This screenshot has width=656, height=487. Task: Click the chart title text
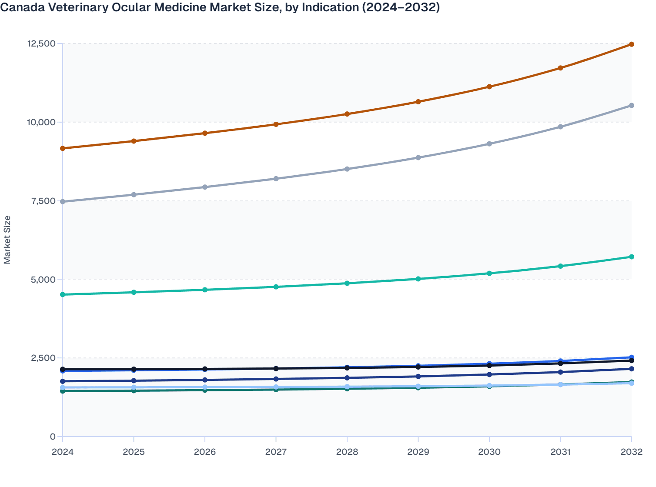[x=220, y=7]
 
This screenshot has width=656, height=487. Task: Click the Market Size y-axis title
[x=7, y=240]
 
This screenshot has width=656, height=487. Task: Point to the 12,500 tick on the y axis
[x=41, y=43]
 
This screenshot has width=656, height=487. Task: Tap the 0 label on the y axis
[x=53, y=437]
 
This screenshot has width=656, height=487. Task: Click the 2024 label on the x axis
[x=63, y=452]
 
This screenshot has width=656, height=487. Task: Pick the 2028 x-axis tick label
[x=347, y=452]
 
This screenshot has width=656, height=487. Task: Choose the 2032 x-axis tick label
[x=631, y=452]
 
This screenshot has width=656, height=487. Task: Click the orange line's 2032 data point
[x=632, y=44]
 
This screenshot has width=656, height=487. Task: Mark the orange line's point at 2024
[x=63, y=148]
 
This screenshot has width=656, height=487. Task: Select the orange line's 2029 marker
[x=418, y=102]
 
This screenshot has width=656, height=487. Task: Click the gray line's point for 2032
[x=632, y=106]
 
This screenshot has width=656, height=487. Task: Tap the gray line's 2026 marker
[x=205, y=187]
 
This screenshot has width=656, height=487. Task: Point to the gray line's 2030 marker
[x=489, y=144]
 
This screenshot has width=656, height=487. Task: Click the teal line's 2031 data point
[x=560, y=266]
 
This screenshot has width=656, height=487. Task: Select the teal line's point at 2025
[x=134, y=292]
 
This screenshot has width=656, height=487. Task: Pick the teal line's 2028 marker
[x=347, y=284]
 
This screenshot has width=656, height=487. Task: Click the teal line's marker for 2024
[x=63, y=295]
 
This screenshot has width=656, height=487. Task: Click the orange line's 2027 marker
[x=276, y=124]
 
